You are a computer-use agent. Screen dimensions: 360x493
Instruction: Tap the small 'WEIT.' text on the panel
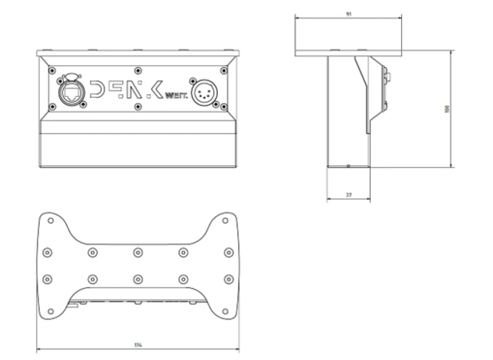point(174,96)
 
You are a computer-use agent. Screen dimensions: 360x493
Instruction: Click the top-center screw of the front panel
point(138,71)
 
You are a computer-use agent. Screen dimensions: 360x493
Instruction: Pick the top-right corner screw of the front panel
point(223,71)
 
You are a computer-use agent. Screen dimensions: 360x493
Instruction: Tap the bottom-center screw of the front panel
point(138,107)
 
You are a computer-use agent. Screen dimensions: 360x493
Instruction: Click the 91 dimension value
point(349,14)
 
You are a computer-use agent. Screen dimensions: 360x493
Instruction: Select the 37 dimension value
point(349,195)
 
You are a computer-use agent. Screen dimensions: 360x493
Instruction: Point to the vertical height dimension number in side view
point(447,109)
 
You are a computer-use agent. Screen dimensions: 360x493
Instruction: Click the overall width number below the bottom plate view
point(138,345)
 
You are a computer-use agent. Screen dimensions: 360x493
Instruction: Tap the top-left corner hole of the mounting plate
point(51,220)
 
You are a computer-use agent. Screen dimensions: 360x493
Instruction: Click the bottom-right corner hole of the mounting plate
point(225,311)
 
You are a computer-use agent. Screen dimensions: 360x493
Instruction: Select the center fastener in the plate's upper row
point(138,252)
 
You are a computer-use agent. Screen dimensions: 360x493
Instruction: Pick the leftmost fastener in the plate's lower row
point(47,279)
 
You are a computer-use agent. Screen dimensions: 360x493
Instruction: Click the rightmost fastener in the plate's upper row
point(229,252)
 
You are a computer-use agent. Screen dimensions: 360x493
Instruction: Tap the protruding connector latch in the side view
point(388,76)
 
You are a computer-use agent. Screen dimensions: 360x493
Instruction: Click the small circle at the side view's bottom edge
point(348,166)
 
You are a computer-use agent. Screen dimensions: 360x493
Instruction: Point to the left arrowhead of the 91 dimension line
point(297,18)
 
